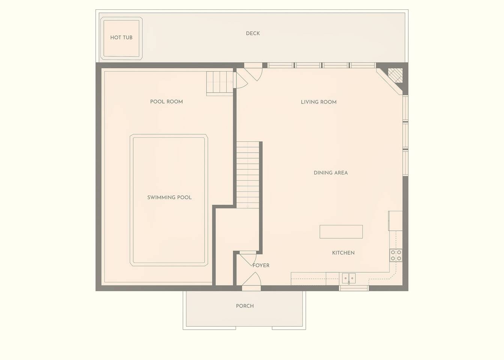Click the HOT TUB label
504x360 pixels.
tap(121, 37)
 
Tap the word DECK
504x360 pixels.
tap(253, 33)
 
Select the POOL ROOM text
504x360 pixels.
tap(167, 102)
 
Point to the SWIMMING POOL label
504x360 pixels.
tap(169, 197)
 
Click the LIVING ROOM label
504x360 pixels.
tap(319, 102)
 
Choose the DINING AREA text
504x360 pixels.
tap(331, 173)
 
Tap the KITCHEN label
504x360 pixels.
tap(343, 253)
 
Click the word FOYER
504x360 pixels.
tap(261, 265)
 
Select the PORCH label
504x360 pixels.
tap(245, 306)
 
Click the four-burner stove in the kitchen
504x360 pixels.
tap(396, 255)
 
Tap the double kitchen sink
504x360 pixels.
tap(349, 278)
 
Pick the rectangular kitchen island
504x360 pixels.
tap(341, 232)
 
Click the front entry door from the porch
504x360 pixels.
tap(251, 282)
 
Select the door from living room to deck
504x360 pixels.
tap(253, 72)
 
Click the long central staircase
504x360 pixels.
tap(248, 175)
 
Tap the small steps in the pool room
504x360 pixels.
tap(220, 83)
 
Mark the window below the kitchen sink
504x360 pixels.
tap(354, 288)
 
